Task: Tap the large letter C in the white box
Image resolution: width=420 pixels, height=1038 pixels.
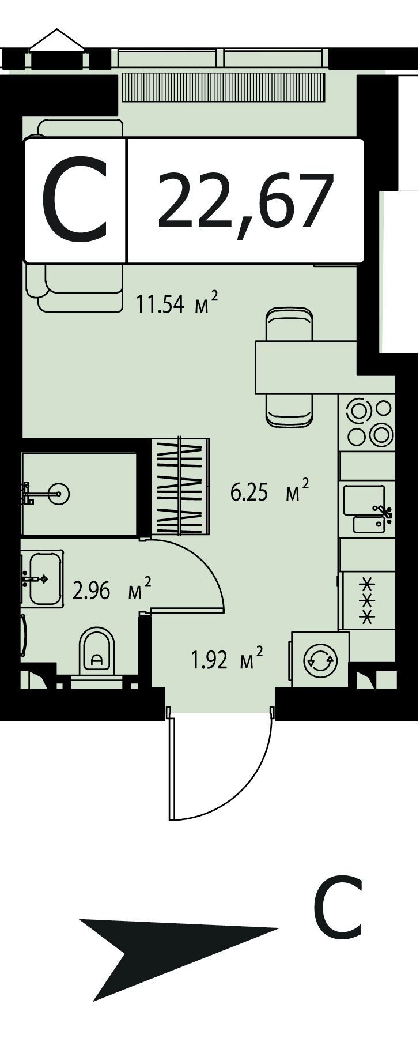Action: tap(75, 200)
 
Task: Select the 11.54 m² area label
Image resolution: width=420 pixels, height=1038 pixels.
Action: tap(177, 303)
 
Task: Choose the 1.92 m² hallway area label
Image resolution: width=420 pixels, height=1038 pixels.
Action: tap(228, 659)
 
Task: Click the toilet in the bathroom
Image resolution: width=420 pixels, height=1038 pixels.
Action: tap(97, 651)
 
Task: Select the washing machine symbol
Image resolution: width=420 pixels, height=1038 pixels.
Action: tap(320, 660)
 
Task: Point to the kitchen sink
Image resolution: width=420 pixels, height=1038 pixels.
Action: tap(368, 508)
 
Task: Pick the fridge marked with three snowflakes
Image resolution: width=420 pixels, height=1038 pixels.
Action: tap(368, 600)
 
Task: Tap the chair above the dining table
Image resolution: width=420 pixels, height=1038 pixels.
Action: tap(290, 324)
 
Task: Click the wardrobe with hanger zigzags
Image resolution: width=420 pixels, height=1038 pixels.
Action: tap(180, 487)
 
